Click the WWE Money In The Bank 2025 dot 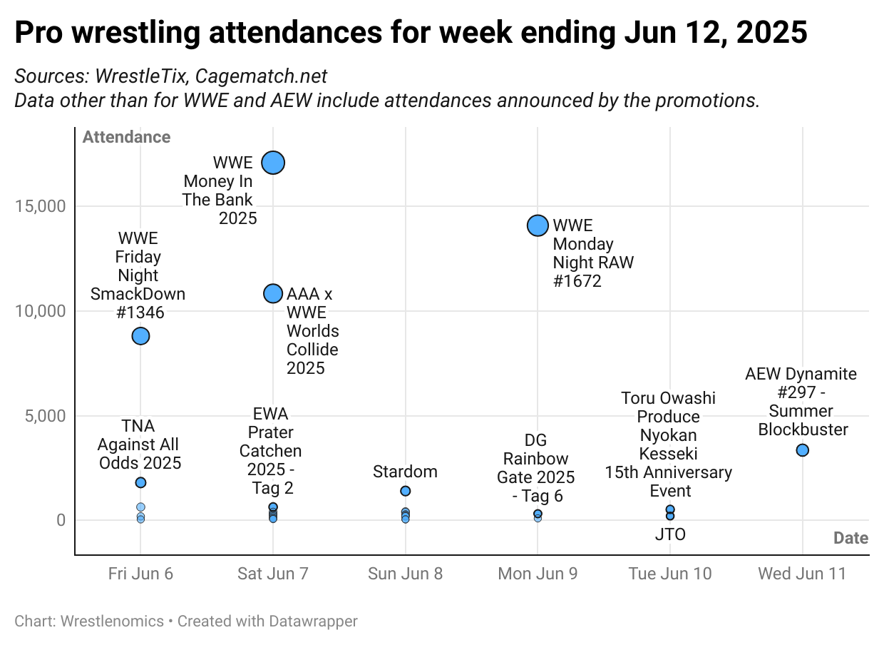[x=273, y=163]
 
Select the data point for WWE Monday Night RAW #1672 [x=538, y=225]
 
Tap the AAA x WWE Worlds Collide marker [x=273, y=293]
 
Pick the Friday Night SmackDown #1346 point [x=140, y=336]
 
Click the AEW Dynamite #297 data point [x=802, y=450]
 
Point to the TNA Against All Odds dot [x=140, y=482]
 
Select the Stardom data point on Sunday [x=406, y=491]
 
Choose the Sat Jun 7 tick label [x=273, y=574]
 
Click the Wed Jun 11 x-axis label [x=802, y=574]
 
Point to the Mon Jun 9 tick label [x=538, y=574]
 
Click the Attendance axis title [x=126, y=137]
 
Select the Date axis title [x=850, y=538]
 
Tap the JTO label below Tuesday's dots [x=669, y=534]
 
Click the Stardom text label [x=406, y=472]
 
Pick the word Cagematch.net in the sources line [x=261, y=77]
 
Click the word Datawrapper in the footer [x=313, y=621]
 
